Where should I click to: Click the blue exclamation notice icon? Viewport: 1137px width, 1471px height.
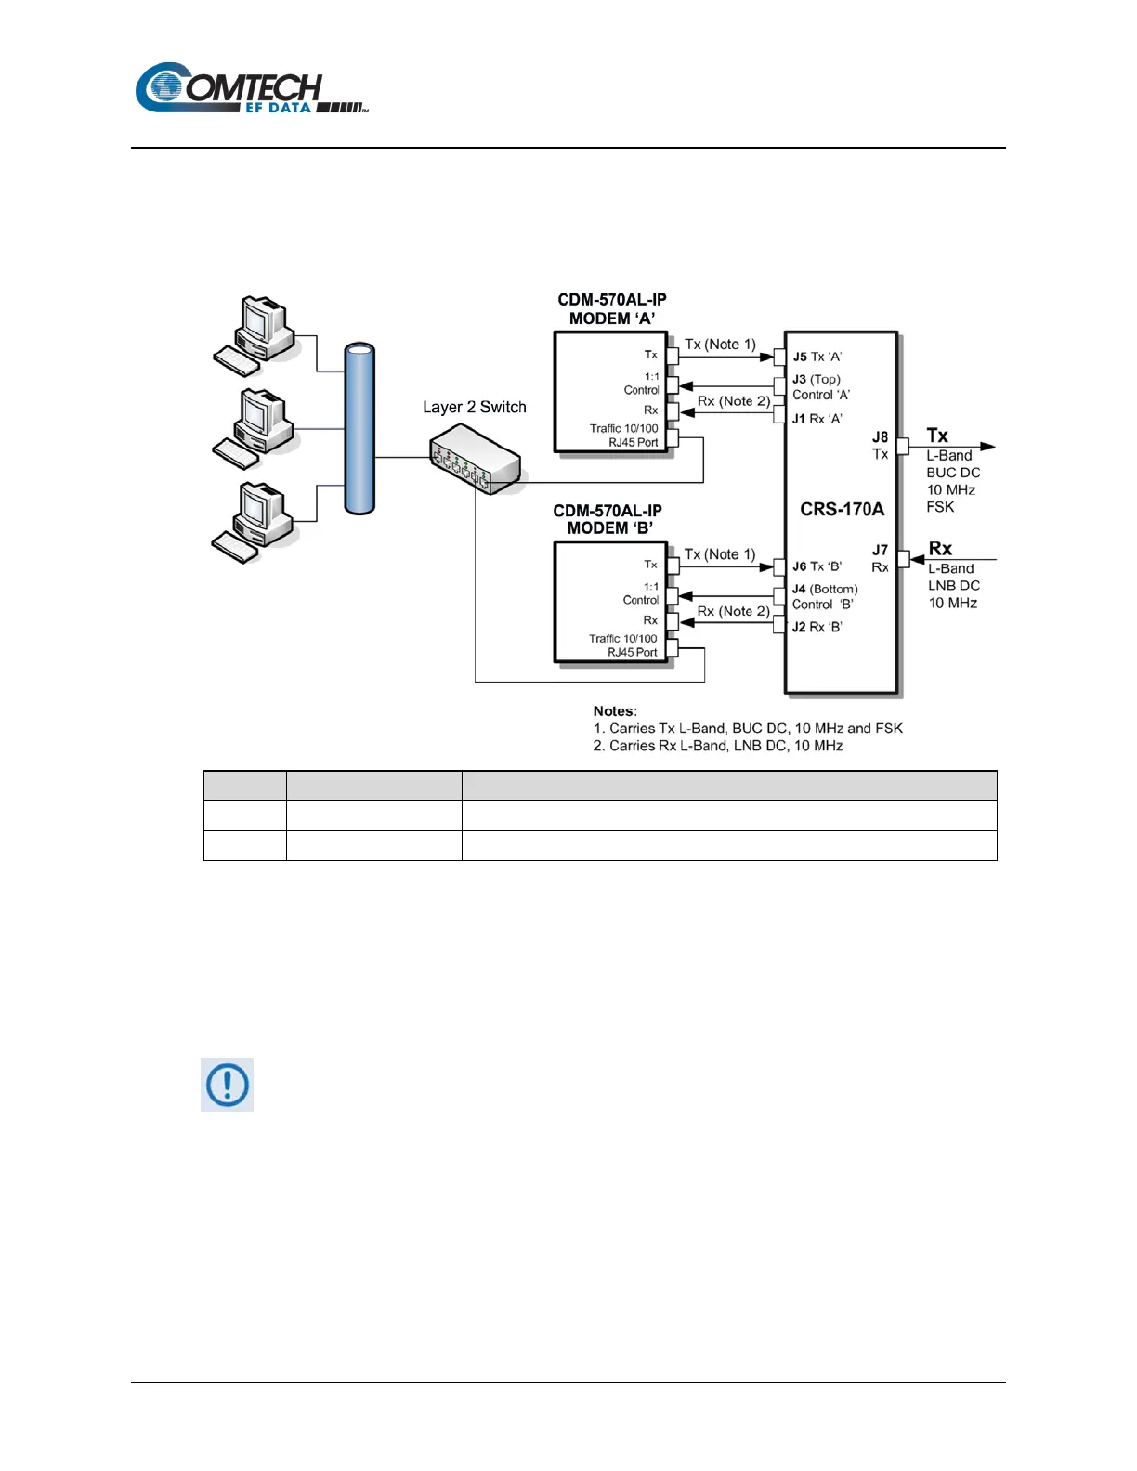(228, 1084)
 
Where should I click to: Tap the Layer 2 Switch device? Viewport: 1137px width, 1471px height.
(475, 459)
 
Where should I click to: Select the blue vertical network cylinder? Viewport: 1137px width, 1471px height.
(359, 429)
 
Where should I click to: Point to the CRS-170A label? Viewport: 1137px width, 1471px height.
(842, 509)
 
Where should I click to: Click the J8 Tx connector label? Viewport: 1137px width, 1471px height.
(880, 445)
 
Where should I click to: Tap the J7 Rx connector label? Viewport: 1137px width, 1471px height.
(880, 558)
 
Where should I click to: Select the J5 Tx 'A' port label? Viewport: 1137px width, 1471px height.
(817, 357)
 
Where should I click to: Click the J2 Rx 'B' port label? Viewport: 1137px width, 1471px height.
(817, 627)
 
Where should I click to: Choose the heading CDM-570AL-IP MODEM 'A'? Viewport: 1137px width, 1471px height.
(611, 309)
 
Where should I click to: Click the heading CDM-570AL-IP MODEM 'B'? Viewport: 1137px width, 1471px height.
(608, 519)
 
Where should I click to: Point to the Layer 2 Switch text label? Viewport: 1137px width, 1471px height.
(474, 407)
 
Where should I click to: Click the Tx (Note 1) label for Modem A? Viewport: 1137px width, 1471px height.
(720, 344)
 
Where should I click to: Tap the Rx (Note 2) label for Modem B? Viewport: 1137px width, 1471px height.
(733, 611)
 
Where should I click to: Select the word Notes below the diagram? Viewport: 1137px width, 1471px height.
(614, 711)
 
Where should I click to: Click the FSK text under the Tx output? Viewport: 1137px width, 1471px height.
(940, 507)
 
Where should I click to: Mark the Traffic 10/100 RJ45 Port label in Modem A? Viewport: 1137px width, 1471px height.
(623, 436)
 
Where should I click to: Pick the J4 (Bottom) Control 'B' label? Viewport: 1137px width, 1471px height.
(824, 596)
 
